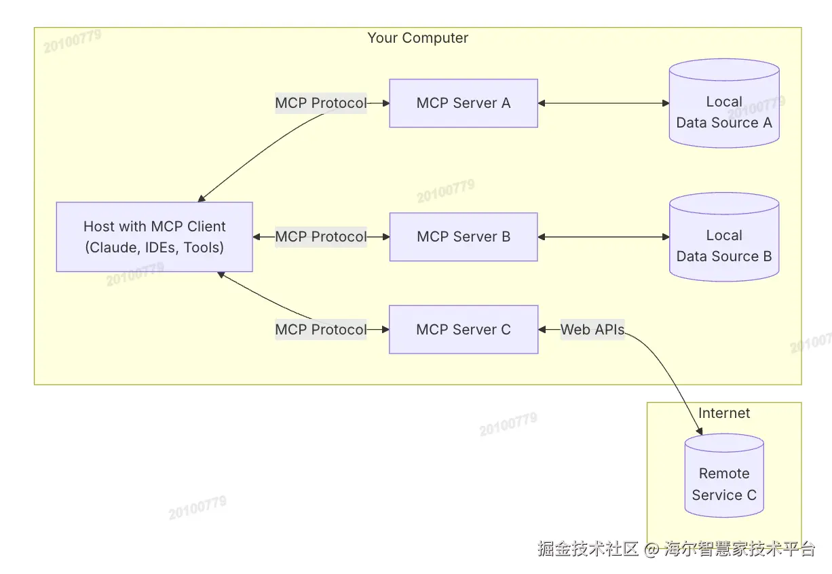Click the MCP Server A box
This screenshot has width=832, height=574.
click(464, 103)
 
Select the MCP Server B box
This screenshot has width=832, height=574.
click(464, 237)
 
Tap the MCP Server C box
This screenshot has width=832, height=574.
click(464, 329)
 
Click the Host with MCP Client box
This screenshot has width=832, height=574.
click(155, 237)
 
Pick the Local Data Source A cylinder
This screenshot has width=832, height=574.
click(724, 103)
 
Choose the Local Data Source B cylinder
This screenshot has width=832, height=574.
click(724, 237)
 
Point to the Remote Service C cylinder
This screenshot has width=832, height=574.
click(724, 476)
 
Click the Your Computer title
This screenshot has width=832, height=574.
click(418, 38)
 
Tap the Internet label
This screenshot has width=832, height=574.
click(724, 413)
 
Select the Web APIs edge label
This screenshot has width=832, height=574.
click(592, 329)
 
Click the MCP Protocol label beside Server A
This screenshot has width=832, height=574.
click(321, 103)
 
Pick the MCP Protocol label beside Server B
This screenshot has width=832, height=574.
click(321, 237)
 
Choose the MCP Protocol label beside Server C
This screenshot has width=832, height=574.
click(321, 329)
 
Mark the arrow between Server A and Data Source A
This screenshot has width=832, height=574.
click(603, 103)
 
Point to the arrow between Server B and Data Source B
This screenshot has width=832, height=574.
click(603, 237)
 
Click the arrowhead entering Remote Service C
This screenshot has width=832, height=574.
click(699, 432)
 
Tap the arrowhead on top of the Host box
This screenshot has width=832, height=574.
click(202, 199)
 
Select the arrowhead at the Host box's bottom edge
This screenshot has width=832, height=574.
click(221, 275)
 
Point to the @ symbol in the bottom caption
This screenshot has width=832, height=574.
click(651, 549)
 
